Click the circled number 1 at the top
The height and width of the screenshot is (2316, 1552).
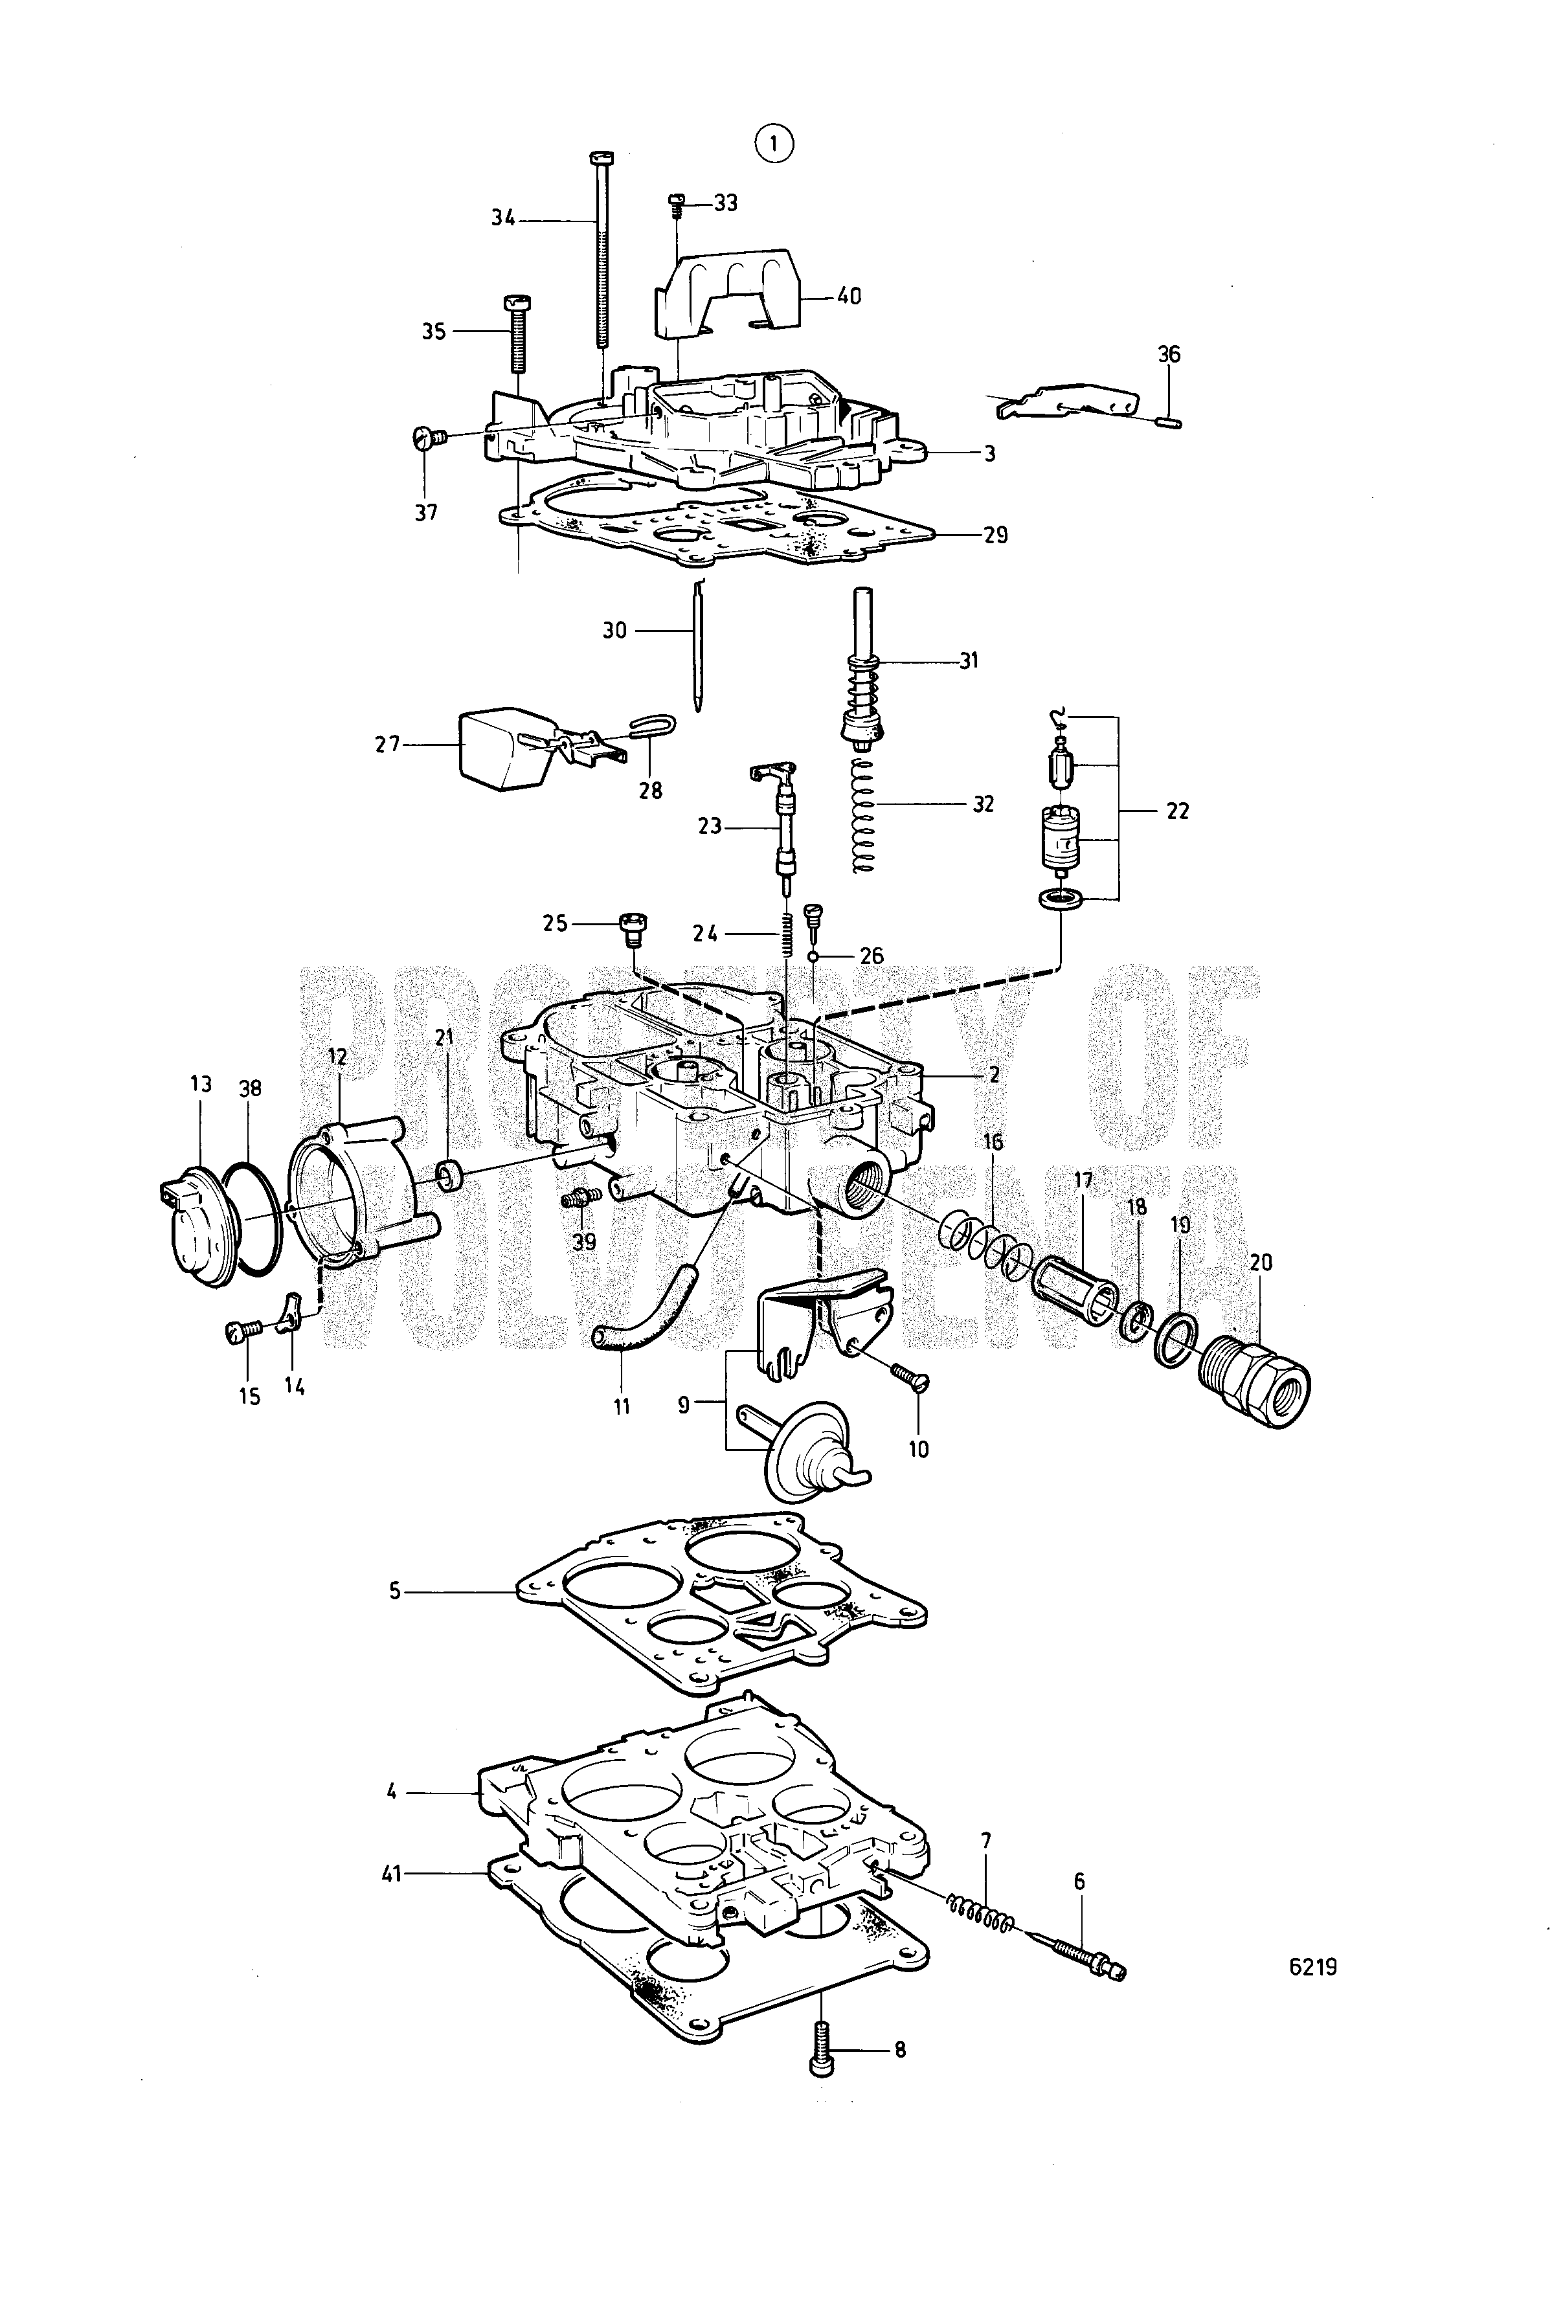774,144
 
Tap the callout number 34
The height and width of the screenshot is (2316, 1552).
504,219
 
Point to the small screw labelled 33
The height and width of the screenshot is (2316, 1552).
678,203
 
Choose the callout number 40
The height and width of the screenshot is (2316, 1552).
848,296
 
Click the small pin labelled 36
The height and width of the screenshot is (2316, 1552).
1168,423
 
